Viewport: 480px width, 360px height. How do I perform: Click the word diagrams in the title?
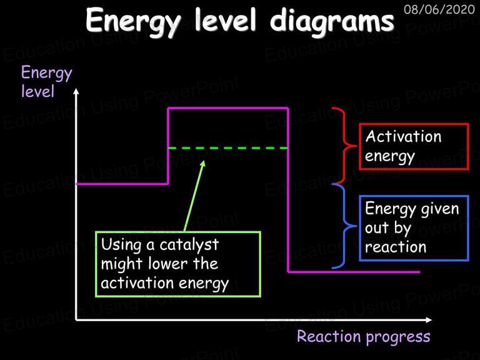pyautogui.click(x=332, y=21)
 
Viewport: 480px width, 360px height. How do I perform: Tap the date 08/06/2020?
pyautogui.click(x=439, y=10)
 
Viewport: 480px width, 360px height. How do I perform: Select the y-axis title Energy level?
pyautogui.click(x=46, y=82)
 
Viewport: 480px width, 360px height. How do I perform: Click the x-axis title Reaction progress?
pyautogui.click(x=363, y=337)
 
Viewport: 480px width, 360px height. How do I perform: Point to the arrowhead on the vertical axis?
pyautogui.click(x=76, y=91)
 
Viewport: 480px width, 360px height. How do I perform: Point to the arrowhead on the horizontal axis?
pyautogui.click(x=429, y=320)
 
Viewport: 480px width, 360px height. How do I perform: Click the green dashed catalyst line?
pyautogui.click(x=228, y=148)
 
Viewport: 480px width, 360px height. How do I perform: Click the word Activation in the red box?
pyautogui.click(x=403, y=136)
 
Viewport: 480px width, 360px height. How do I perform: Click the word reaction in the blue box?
pyautogui.click(x=396, y=247)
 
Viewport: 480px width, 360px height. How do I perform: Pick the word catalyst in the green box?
pyautogui.click(x=189, y=245)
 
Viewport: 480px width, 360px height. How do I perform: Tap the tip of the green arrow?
pyautogui.click(x=204, y=161)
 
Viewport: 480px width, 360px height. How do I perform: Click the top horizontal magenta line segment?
pyautogui.click(x=228, y=107)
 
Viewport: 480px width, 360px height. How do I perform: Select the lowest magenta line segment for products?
pyautogui.click(x=354, y=272)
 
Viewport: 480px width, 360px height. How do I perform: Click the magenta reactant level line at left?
pyautogui.click(x=122, y=184)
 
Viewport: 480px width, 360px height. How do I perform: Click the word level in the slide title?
pyautogui.click(x=225, y=20)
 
